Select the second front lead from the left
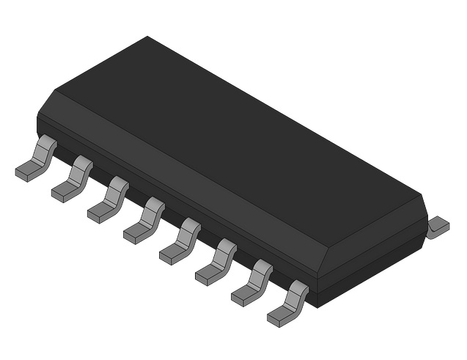coord(73,180)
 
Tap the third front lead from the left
coord(109,200)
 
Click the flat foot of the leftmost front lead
coord(26,173)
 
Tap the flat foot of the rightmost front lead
coord(279,318)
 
